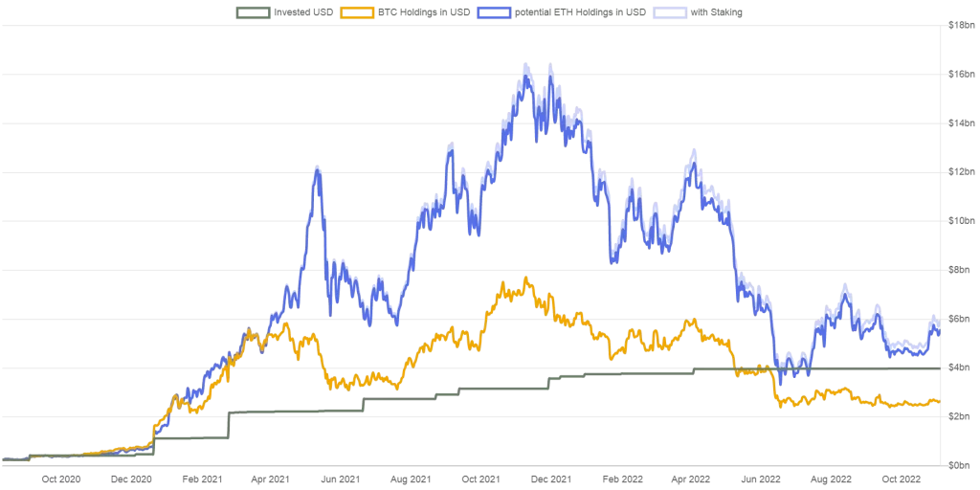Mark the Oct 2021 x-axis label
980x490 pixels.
pyautogui.click(x=479, y=478)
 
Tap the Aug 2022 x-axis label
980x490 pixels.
pyautogui.click(x=830, y=478)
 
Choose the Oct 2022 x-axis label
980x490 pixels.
pyautogui.click(x=900, y=478)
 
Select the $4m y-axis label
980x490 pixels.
pyautogui.click(x=959, y=367)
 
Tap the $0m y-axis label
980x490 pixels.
pyautogui.click(x=959, y=465)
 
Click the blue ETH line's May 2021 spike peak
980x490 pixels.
pyautogui.click(x=316, y=168)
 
